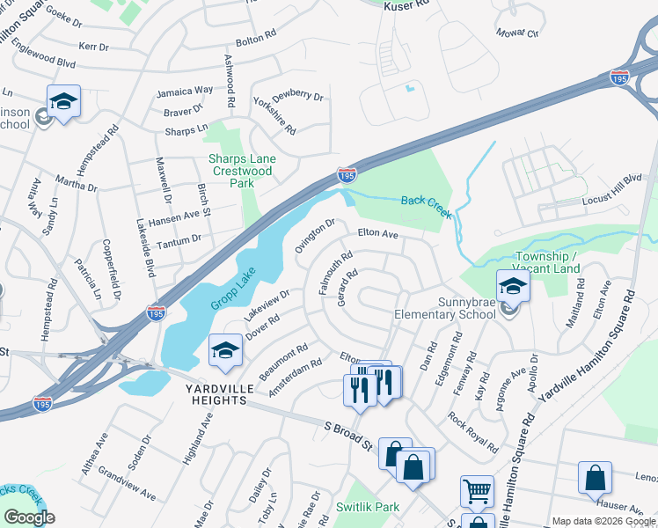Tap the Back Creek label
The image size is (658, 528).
(427, 202)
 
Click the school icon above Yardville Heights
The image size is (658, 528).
(226, 350)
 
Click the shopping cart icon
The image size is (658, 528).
(477, 491)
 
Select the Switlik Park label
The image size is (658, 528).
(368, 507)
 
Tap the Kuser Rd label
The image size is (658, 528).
(406, 5)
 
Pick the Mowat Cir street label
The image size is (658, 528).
(518, 33)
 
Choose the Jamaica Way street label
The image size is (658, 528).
(185, 91)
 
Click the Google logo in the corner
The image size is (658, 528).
(29, 517)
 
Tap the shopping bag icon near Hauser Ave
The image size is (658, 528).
(595, 479)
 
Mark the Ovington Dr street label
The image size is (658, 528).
(315, 235)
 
